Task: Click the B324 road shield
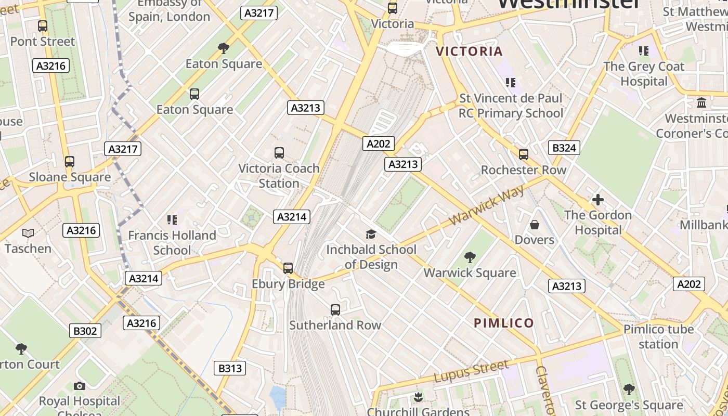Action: click(x=564, y=148)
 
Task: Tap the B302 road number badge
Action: click(x=85, y=331)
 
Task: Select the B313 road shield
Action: click(x=230, y=369)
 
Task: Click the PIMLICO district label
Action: click(x=504, y=323)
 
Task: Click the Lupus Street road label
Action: click(x=471, y=371)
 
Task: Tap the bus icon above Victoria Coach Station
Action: click(x=279, y=153)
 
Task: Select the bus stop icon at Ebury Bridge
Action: click(x=288, y=268)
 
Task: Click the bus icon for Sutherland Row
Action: click(x=335, y=310)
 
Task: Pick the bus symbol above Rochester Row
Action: click(x=524, y=154)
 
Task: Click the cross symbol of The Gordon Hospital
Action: click(x=598, y=199)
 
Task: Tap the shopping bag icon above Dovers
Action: click(x=535, y=225)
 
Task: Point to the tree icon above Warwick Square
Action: click(x=470, y=257)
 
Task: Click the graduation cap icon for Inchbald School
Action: click(x=371, y=234)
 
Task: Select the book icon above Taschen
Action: click(x=28, y=233)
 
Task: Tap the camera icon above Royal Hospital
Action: click(x=80, y=386)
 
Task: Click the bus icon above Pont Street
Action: click(x=43, y=25)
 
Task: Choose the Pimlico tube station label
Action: click(x=658, y=336)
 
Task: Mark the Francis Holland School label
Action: click(x=172, y=242)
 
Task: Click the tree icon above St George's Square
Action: click(x=629, y=389)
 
